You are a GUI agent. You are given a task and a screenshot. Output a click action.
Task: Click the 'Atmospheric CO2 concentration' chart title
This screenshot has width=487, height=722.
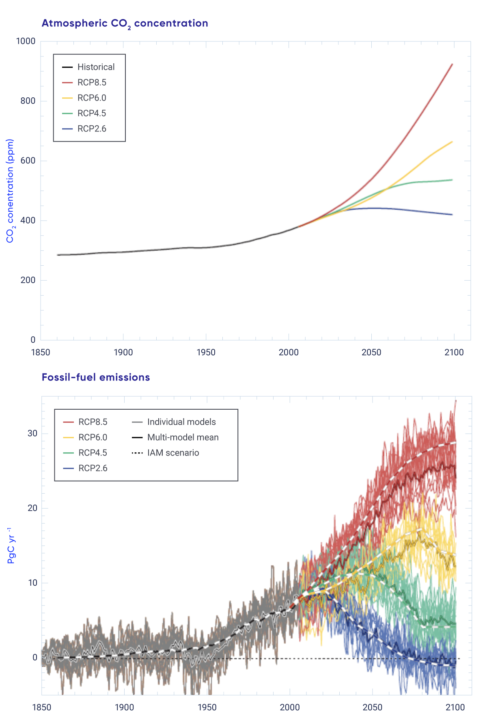point(125,24)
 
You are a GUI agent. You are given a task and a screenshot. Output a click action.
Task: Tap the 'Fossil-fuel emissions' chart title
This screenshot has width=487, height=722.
point(96,377)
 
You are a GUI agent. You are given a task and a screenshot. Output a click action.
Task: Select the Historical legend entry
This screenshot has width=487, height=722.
point(96,67)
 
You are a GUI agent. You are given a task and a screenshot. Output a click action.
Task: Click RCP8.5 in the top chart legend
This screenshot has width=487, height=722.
point(92,82)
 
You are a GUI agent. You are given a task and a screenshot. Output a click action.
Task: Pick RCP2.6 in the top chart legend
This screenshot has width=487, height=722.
point(92,129)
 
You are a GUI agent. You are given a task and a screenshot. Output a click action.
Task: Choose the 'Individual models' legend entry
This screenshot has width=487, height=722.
point(181,422)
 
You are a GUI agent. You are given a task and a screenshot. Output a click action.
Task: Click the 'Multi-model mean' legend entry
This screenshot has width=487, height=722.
point(183,437)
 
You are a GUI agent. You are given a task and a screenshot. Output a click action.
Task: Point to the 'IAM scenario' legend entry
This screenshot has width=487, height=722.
point(173,453)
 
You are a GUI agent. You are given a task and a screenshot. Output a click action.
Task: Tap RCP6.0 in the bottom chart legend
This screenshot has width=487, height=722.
point(93,437)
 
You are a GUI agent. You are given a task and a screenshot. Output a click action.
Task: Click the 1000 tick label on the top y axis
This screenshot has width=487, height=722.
point(26,41)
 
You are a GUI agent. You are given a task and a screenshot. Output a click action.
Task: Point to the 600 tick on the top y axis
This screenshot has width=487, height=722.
point(28,161)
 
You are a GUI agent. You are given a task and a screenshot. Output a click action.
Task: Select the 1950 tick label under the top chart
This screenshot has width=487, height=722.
point(206,352)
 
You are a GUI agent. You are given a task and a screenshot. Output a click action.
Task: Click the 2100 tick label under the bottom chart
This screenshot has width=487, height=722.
point(455,707)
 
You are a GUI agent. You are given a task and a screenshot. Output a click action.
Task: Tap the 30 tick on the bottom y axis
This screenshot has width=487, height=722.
point(32,433)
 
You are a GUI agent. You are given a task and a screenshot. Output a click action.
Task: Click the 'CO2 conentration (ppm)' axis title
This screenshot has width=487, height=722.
point(10,191)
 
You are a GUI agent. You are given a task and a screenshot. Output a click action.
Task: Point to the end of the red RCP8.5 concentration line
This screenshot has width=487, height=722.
point(452,64)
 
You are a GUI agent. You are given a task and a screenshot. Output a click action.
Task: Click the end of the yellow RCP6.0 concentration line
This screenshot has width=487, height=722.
point(452,142)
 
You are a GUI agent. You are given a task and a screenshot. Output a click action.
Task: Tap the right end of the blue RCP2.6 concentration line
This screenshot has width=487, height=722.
point(452,215)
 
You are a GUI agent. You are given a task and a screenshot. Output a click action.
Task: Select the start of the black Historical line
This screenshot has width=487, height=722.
point(58,255)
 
